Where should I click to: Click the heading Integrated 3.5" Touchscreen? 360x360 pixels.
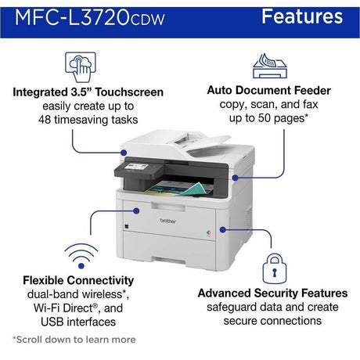click(88, 92)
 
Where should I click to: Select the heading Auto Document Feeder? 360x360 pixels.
click(268, 90)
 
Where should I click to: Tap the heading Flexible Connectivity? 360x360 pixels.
click(78, 280)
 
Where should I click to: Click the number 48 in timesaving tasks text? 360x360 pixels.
click(46, 121)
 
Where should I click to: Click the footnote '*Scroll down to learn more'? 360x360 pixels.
click(74, 340)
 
